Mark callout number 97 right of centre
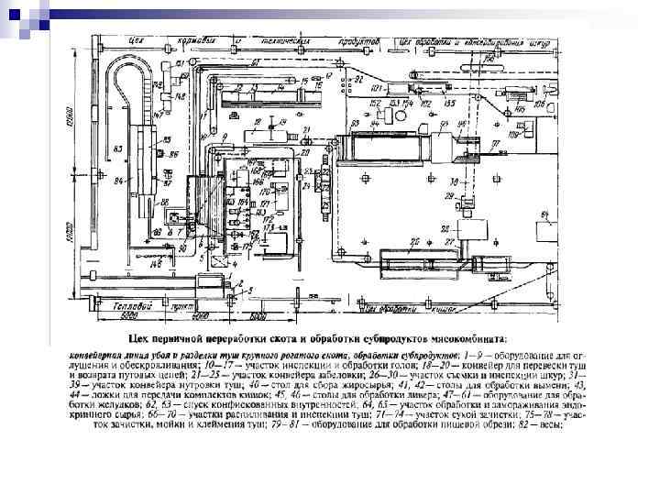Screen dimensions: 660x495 click(x=494, y=144)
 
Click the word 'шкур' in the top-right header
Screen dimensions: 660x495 click(x=544, y=40)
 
